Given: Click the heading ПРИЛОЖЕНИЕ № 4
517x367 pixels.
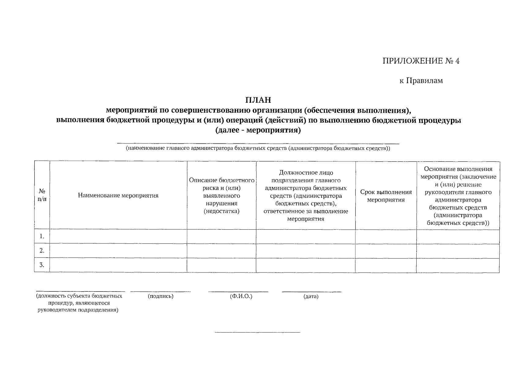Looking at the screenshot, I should pyautogui.click(x=421, y=61).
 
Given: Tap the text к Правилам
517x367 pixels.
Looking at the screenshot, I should pyautogui.click(x=421, y=81).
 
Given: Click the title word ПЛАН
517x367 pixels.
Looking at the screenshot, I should pyautogui.click(x=258, y=100).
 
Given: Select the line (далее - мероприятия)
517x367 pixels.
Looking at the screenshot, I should pyautogui.click(x=258, y=131).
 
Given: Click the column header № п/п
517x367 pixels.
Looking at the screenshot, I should pyautogui.click(x=42, y=195).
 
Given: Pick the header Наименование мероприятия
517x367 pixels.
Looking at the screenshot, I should pyautogui.click(x=118, y=195).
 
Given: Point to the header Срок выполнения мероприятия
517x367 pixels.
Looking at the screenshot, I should pyautogui.click(x=386, y=196).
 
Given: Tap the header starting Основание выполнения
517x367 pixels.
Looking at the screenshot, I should pyautogui.click(x=458, y=196).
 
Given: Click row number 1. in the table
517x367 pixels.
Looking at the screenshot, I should pyautogui.click(x=42, y=236).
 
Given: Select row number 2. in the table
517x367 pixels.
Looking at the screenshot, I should pyautogui.click(x=42, y=251).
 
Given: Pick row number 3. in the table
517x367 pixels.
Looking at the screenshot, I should pyautogui.click(x=42, y=265).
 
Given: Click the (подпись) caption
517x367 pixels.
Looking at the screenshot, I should pyautogui.click(x=160, y=296).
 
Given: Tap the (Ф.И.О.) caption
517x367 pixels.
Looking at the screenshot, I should pyautogui.click(x=241, y=296).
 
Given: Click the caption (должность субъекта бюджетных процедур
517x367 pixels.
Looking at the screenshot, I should pyautogui.click(x=79, y=303).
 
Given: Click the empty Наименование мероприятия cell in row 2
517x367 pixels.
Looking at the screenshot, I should pyautogui.click(x=118, y=251).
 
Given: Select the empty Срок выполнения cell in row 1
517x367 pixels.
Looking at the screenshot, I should pyautogui.click(x=386, y=236).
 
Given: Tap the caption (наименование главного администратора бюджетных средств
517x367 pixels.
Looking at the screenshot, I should pyautogui.click(x=258, y=149).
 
